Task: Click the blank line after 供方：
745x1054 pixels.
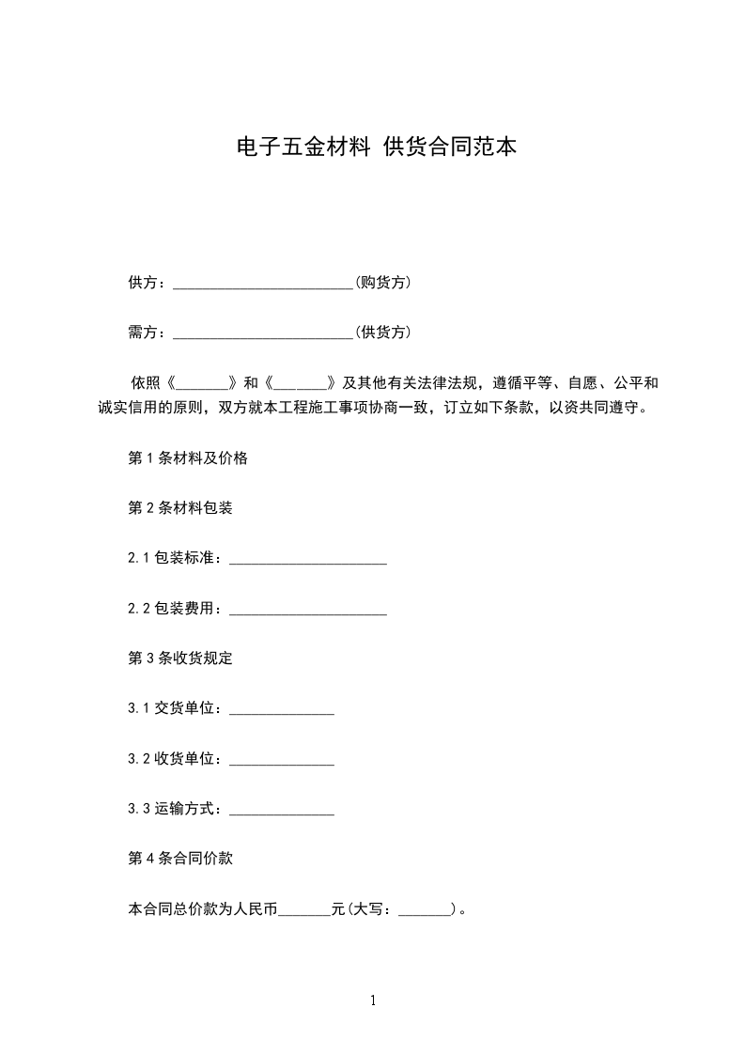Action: click(x=263, y=284)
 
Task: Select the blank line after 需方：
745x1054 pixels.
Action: click(x=263, y=333)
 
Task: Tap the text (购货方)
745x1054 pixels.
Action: click(x=382, y=283)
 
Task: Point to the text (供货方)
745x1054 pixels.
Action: click(x=382, y=333)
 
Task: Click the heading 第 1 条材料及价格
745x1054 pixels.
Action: click(x=188, y=458)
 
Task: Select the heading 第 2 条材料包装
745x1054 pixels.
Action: click(x=180, y=508)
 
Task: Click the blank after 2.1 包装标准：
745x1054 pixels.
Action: click(x=308, y=560)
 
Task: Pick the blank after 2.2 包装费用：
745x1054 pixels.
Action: click(x=308, y=610)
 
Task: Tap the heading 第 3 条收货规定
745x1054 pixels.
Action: click(x=180, y=659)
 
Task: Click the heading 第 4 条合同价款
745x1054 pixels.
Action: click(x=180, y=859)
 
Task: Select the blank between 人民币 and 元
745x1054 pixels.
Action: click(x=305, y=910)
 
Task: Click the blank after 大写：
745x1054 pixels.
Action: click(x=426, y=910)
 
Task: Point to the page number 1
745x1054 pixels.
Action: click(x=373, y=1000)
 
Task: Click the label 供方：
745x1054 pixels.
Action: click(x=147, y=283)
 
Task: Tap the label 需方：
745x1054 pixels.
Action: click(x=147, y=333)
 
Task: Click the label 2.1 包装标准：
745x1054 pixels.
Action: click(x=177, y=559)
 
